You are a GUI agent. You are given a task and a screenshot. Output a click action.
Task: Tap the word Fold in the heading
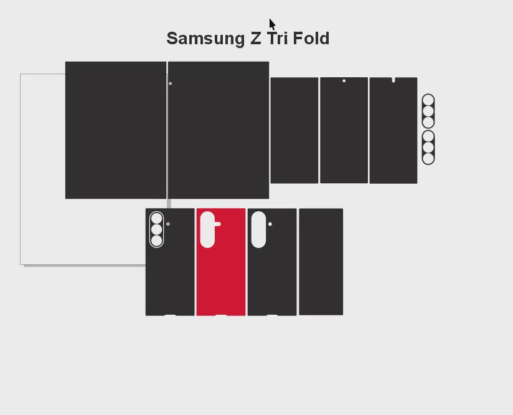pyautogui.click(x=311, y=39)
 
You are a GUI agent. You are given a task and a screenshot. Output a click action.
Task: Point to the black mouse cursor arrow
pyautogui.click(x=272, y=24)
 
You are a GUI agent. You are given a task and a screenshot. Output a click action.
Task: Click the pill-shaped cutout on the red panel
pyautogui.click(x=207, y=229)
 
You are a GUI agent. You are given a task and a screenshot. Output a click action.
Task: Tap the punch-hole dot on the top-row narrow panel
pyautogui.click(x=344, y=81)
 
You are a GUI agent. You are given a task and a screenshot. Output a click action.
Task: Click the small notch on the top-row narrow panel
pyautogui.click(x=393, y=80)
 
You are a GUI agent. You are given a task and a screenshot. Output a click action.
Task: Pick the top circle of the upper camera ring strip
pyautogui.click(x=428, y=100)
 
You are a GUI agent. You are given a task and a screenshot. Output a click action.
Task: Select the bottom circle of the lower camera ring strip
pyautogui.click(x=428, y=158)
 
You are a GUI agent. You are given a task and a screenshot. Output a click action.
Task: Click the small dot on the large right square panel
pyautogui.click(x=171, y=83)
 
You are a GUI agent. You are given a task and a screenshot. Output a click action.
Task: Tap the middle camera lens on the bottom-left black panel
pyautogui.click(x=156, y=230)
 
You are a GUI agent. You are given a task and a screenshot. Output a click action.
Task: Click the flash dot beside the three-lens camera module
pyautogui.click(x=168, y=224)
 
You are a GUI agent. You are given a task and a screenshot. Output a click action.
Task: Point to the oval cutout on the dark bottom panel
pyautogui.click(x=258, y=229)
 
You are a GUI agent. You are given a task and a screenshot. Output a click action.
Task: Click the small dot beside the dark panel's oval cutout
pyautogui.click(x=270, y=224)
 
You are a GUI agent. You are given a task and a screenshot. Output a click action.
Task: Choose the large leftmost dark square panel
pyautogui.click(x=116, y=130)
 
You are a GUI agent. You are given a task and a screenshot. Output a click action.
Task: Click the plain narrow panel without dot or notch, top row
pyautogui.click(x=294, y=130)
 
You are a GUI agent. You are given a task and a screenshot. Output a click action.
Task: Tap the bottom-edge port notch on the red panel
pyautogui.click(x=221, y=315)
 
